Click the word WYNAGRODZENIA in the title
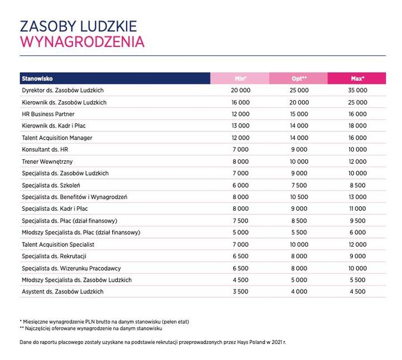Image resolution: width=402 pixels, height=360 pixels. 82,42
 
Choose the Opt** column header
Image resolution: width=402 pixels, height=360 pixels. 299,78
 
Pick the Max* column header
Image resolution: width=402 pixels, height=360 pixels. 357,78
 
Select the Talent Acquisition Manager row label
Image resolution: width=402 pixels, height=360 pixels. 57,138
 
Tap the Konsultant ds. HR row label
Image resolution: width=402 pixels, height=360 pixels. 45,150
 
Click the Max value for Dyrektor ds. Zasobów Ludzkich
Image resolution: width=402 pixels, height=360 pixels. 357,90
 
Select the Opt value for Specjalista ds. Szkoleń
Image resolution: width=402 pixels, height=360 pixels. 299,185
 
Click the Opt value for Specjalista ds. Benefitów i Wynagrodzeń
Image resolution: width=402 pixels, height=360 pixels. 299,197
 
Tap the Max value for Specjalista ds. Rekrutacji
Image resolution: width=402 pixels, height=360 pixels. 357,256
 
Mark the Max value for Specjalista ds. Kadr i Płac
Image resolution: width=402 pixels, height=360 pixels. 357,209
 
